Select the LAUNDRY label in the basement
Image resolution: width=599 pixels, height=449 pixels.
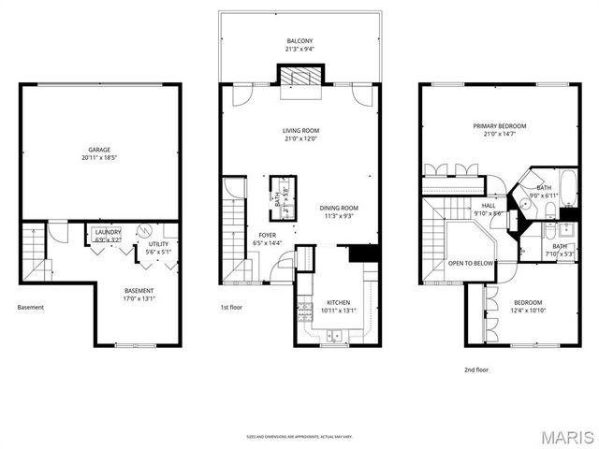point(108,232)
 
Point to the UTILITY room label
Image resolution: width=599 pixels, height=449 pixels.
point(158,244)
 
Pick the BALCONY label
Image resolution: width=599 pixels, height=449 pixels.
point(300,41)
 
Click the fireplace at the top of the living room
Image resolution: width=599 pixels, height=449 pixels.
point(300,78)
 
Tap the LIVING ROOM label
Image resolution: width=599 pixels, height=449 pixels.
point(301,131)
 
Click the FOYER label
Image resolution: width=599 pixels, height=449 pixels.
point(266,236)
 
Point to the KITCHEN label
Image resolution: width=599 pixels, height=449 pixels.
point(338,302)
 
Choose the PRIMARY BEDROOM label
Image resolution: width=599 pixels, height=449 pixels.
point(499,126)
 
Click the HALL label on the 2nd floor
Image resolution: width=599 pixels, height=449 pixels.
point(489,206)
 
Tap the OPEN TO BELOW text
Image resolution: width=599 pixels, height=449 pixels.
point(471,264)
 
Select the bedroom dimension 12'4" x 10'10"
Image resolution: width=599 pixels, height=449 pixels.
point(530,310)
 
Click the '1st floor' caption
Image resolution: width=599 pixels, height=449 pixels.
point(232,306)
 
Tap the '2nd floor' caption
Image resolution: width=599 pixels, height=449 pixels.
point(476,369)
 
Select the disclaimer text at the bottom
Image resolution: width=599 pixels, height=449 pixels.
point(299,436)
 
